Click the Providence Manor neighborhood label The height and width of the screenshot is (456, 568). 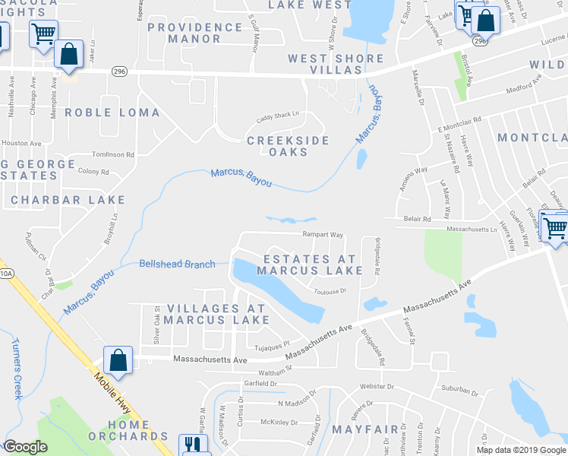194,33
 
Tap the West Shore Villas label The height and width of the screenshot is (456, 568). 324,65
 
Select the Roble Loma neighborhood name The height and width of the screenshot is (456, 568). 112,112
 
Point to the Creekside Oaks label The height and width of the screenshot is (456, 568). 288,146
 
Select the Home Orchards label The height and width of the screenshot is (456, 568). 128,429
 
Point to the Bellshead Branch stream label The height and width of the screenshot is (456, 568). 177,264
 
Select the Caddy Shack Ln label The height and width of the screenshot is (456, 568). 278,115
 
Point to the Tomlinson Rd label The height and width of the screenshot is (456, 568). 112,154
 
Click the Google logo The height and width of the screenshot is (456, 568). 25,447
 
